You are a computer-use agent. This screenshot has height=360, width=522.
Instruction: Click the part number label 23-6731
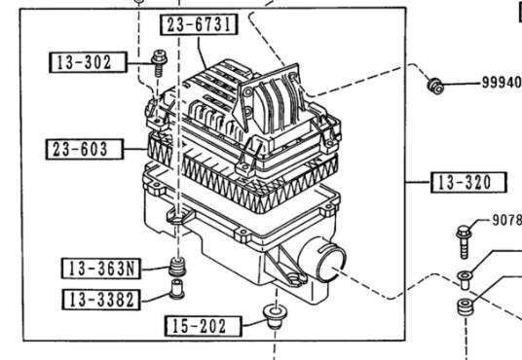[x=199, y=24]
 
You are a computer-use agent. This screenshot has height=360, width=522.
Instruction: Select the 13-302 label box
[x=88, y=62]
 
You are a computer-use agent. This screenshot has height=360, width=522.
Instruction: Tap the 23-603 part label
[x=85, y=149]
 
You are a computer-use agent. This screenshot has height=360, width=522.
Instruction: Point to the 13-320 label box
[x=468, y=182]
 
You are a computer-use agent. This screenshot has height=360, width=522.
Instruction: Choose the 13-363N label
[x=101, y=269]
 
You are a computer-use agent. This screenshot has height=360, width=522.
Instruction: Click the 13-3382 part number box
[x=101, y=300]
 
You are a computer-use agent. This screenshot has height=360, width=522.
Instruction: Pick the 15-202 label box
[x=204, y=326]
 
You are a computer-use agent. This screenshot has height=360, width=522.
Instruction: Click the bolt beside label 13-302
[x=159, y=62]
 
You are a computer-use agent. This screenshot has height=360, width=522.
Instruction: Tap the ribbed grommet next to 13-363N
[x=177, y=267]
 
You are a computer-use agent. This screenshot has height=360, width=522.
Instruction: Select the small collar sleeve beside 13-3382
[x=177, y=289]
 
